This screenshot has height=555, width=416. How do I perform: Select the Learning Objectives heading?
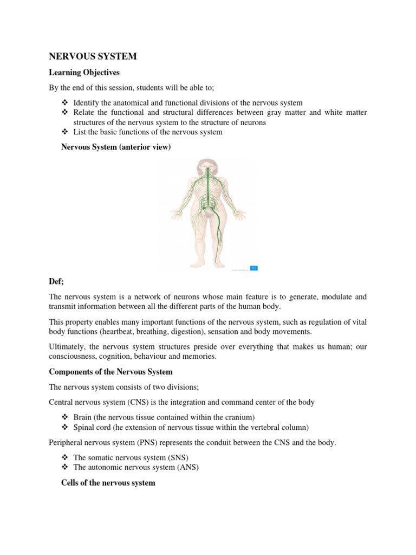point(84,72)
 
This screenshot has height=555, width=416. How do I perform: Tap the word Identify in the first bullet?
point(87,102)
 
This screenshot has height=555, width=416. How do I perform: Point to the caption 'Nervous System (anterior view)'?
point(116,147)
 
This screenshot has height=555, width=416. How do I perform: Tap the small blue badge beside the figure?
point(253,268)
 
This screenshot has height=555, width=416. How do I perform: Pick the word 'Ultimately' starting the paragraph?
point(66,346)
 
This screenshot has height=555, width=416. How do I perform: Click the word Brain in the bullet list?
point(83,417)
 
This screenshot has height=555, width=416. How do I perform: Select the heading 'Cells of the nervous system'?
point(108,482)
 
